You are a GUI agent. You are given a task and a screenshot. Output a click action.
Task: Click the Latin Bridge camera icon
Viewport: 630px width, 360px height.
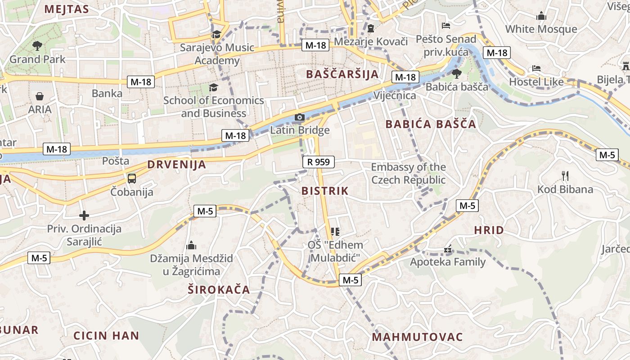tap(300, 117)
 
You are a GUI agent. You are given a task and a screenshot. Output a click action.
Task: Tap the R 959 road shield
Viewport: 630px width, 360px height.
tap(319, 162)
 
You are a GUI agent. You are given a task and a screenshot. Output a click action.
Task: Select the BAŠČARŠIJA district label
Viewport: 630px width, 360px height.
tap(342, 74)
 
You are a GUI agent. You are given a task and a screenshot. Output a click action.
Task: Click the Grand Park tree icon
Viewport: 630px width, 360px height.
tap(37, 45)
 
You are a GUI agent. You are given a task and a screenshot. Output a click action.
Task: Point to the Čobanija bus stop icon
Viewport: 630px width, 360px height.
tap(132, 179)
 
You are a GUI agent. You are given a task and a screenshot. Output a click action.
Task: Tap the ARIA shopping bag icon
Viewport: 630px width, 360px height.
tap(40, 96)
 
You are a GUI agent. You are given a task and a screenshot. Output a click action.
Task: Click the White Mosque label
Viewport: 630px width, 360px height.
tap(541, 29)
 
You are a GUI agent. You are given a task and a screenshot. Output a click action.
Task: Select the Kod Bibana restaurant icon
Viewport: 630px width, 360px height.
tap(565, 175)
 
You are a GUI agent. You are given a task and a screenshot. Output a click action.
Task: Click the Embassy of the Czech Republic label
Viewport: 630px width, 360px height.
tap(408, 173)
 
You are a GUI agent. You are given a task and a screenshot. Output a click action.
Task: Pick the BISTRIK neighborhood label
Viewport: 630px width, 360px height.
tap(325, 191)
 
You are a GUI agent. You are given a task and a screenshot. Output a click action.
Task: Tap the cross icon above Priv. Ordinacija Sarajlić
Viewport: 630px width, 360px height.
tap(84, 216)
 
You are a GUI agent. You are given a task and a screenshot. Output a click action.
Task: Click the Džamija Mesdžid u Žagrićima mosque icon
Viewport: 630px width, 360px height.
tap(191, 246)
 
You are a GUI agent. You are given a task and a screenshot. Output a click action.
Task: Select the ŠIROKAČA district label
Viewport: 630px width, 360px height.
tap(219, 290)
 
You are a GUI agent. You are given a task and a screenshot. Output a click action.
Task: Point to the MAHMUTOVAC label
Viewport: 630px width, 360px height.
tap(417, 337)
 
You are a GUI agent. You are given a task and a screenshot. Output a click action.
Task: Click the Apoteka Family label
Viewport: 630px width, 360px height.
tap(448, 262)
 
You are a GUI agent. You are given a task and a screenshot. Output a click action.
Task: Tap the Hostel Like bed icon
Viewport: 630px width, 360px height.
tap(536, 68)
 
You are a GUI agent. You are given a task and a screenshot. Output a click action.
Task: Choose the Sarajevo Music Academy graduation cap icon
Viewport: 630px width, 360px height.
tap(217, 34)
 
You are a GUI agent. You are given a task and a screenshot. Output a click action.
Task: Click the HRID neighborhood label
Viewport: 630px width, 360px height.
tap(489, 230)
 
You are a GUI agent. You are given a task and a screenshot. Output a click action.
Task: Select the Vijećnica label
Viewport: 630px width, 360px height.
tap(395, 95)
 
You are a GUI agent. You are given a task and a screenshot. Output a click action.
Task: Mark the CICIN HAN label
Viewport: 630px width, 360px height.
tap(106, 336)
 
